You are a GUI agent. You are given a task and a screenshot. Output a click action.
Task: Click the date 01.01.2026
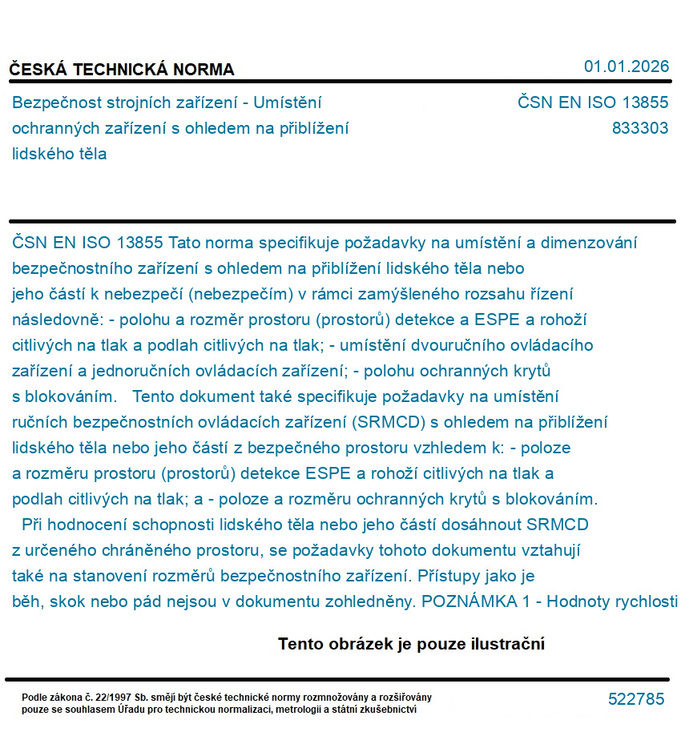626,66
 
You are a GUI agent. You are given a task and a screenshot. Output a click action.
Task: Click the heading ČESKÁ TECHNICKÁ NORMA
122,70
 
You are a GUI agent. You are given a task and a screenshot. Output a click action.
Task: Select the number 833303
639,128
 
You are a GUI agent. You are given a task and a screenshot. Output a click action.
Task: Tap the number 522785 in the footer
636,699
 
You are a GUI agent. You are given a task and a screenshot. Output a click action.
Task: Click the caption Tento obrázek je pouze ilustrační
411,644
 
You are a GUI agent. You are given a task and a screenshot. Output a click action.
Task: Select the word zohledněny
365,602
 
